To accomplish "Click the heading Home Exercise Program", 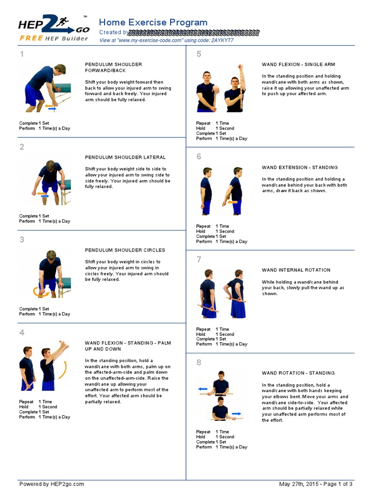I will click(x=153, y=22).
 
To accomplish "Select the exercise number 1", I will click(x=21, y=54).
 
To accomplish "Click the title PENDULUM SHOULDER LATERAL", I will click(x=125, y=157).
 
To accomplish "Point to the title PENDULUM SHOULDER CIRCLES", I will click(x=125, y=250).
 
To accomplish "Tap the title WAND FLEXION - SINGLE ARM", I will click(x=298, y=64).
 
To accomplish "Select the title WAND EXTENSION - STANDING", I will click(x=300, y=167).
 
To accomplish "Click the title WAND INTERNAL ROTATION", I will click(x=296, y=270).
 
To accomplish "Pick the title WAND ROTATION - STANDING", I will click(x=298, y=373).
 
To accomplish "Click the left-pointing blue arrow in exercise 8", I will click(x=203, y=389).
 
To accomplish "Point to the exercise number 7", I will click(x=199, y=260).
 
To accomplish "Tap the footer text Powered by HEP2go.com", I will click(x=51, y=484).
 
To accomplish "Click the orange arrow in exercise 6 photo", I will click(x=232, y=201).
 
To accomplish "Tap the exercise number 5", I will click(x=199, y=54).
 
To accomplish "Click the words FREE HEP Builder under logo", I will click(x=53, y=38).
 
